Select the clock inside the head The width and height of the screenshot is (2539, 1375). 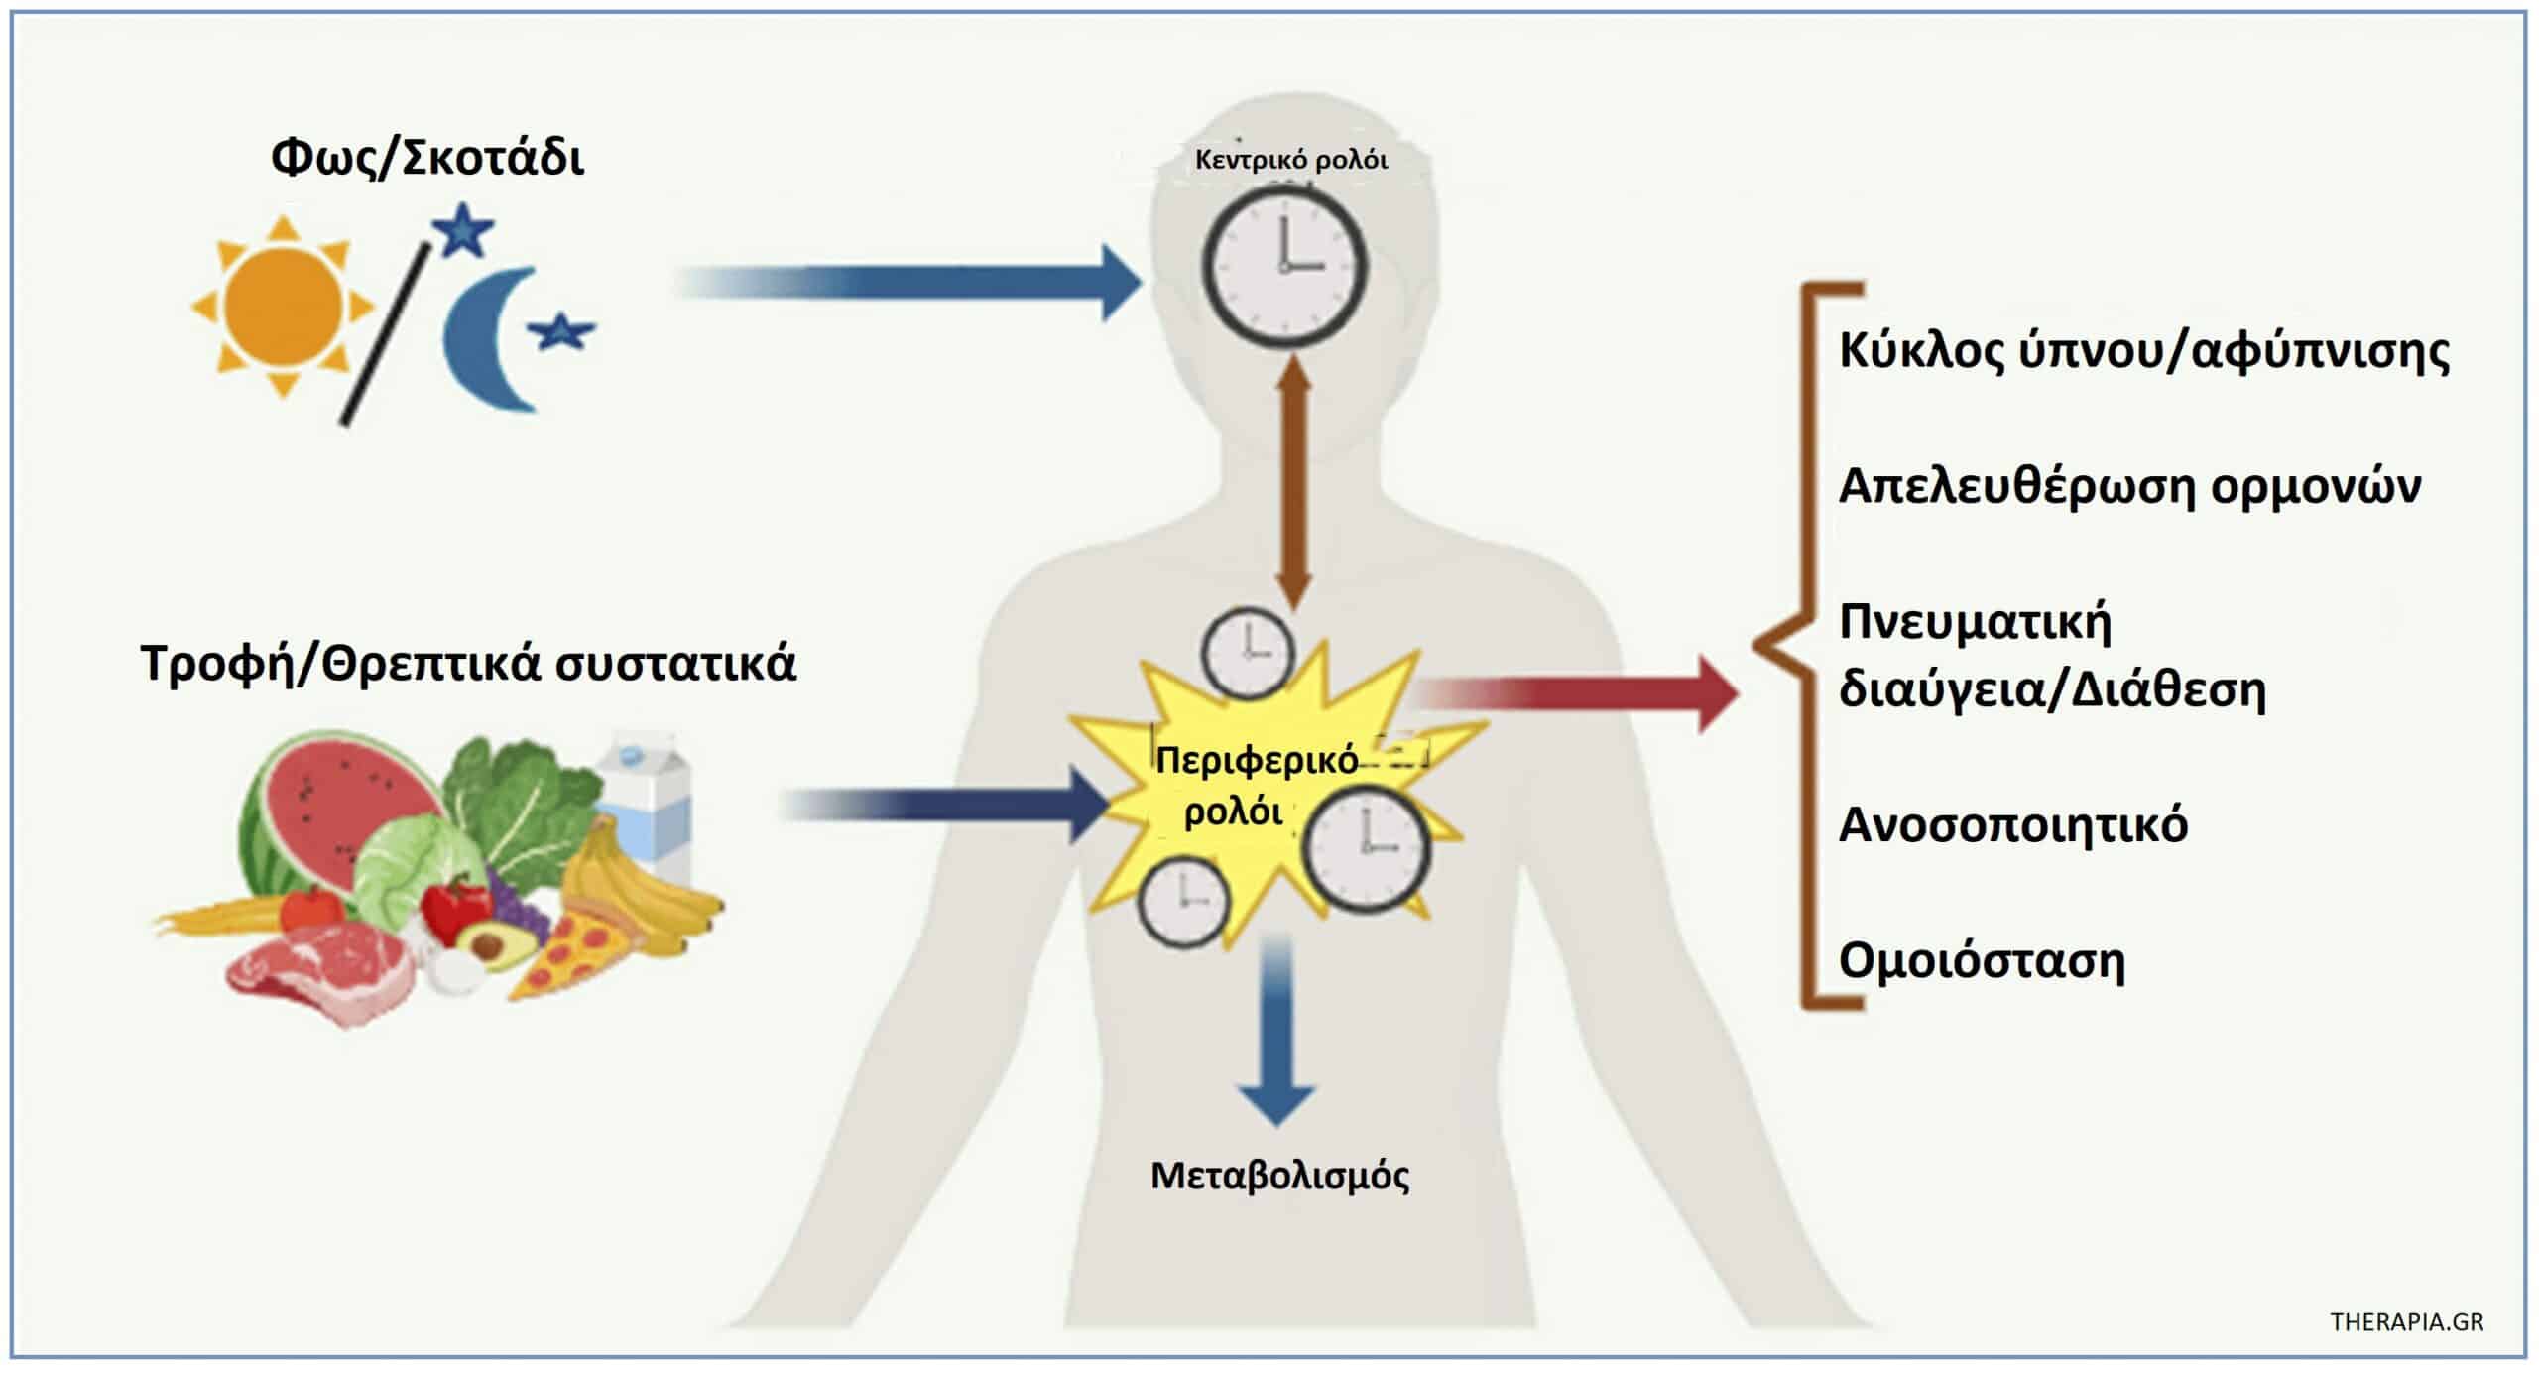tap(1284, 265)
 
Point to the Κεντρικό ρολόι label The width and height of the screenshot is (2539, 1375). tap(1291, 160)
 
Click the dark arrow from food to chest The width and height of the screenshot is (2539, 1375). tap(942, 805)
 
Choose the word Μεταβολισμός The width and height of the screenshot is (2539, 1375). tap(1279, 1177)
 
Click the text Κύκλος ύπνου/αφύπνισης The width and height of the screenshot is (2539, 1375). tap(2143, 351)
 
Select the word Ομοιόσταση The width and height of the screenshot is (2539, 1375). tap(1981, 961)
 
